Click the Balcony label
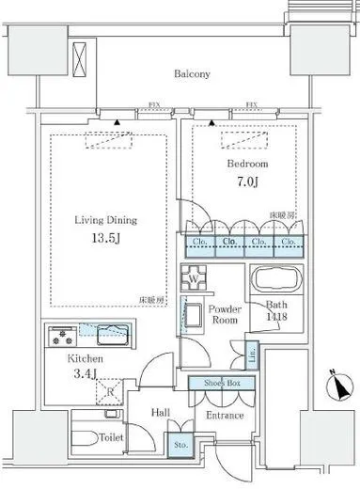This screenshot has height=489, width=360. (191, 73)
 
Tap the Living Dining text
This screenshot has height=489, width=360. (105, 220)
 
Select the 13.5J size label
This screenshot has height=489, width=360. (106, 238)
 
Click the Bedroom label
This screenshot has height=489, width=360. (247, 162)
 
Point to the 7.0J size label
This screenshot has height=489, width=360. (248, 180)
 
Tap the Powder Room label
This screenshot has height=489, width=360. (227, 313)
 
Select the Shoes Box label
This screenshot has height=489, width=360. (218, 383)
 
